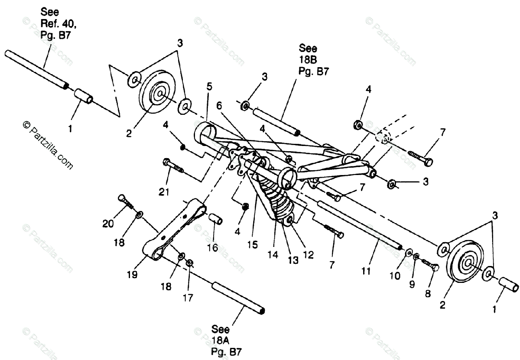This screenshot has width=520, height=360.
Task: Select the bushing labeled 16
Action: click(215, 219)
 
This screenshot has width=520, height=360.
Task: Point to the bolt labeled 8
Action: click(430, 265)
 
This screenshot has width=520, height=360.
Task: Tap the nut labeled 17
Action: click(189, 263)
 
